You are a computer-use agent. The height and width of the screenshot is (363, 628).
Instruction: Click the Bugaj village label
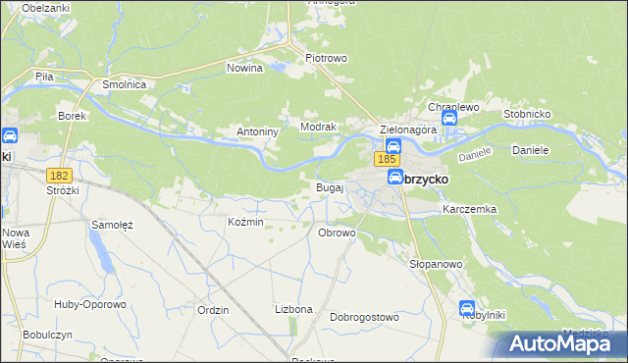(x=329, y=186)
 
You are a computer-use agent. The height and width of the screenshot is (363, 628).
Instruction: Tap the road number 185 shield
(x=387, y=159)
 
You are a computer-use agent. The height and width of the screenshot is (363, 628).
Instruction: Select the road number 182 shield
(x=59, y=174)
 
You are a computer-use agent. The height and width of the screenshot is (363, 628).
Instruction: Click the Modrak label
(x=319, y=128)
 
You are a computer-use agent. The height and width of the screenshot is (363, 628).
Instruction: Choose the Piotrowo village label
(x=327, y=58)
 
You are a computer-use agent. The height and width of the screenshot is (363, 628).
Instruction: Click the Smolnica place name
(x=125, y=85)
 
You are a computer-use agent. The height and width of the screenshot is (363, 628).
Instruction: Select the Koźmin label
(x=245, y=222)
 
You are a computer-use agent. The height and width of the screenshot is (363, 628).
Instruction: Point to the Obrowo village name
(x=337, y=233)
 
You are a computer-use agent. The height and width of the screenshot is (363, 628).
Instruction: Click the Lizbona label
(x=293, y=309)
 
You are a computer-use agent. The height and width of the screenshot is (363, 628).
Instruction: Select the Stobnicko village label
(x=532, y=114)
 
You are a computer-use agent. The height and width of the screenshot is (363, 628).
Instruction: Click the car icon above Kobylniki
(x=467, y=308)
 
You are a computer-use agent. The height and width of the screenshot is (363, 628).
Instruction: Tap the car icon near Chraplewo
(x=449, y=119)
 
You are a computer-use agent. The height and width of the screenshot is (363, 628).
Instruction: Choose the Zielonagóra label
(x=408, y=130)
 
